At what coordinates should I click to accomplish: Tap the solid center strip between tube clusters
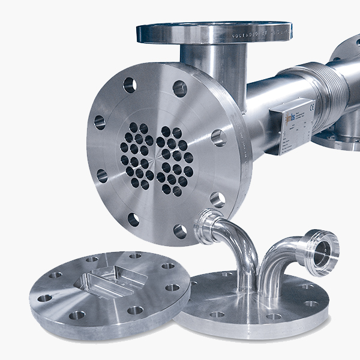[x=155, y=157]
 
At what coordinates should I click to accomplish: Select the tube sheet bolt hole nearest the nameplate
[x=218, y=137]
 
